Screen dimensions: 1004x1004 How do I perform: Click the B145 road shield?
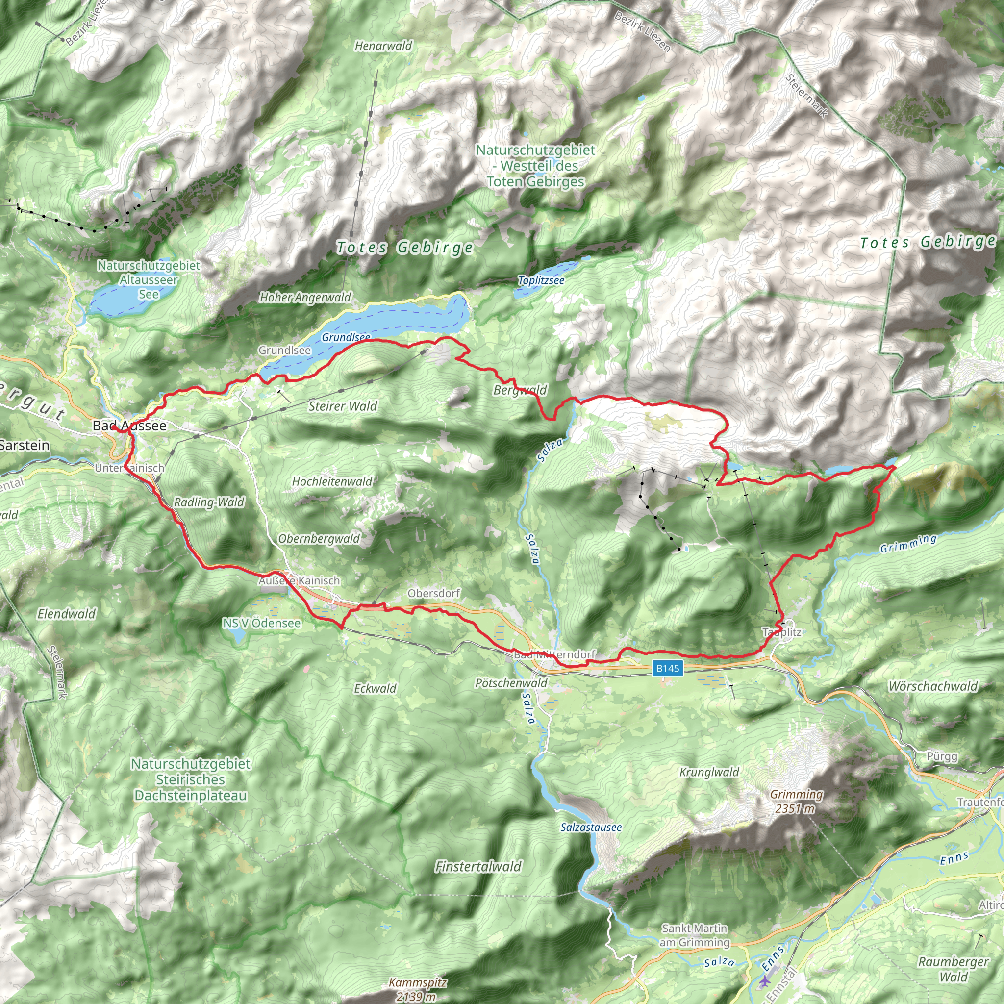point(667,668)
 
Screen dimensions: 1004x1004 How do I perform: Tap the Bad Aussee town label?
point(129,426)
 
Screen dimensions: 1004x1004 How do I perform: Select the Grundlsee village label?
point(284,350)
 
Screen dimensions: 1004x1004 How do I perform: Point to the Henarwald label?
point(383,46)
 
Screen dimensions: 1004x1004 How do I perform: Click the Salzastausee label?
point(591,827)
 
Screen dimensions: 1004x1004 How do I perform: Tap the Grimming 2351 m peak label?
point(796,802)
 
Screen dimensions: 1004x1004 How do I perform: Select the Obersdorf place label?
point(433,593)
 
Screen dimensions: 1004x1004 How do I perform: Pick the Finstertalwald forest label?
point(478,866)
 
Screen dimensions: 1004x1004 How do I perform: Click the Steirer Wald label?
point(343,406)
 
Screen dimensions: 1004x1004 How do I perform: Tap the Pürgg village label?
point(942,756)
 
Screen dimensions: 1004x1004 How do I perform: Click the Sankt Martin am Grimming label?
point(694,935)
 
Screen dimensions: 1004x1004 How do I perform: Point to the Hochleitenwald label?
point(332,481)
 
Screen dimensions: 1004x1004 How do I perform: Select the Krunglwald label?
point(709,772)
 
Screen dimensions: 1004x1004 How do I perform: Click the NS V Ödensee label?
point(262,623)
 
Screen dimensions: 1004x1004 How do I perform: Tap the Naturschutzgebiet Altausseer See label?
point(149,279)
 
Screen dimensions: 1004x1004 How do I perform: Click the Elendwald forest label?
point(67,614)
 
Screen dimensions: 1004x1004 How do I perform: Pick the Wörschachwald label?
point(933,686)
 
